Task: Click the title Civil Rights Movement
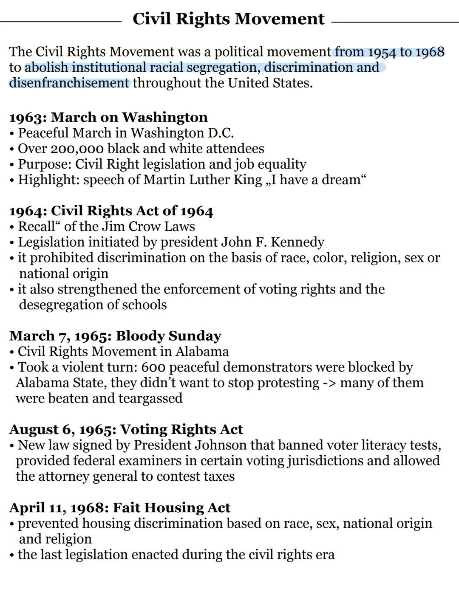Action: click(228, 19)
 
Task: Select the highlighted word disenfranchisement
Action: click(69, 83)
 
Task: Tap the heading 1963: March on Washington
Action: click(108, 117)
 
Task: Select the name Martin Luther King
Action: click(203, 180)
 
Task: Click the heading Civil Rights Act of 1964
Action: click(132, 211)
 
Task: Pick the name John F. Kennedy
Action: click(272, 242)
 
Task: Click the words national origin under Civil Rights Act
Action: click(64, 273)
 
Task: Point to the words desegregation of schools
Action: click(93, 305)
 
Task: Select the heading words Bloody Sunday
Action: click(168, 336)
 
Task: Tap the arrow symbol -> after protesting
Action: click(329, 383)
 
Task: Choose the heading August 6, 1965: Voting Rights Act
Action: click(126, 429)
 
